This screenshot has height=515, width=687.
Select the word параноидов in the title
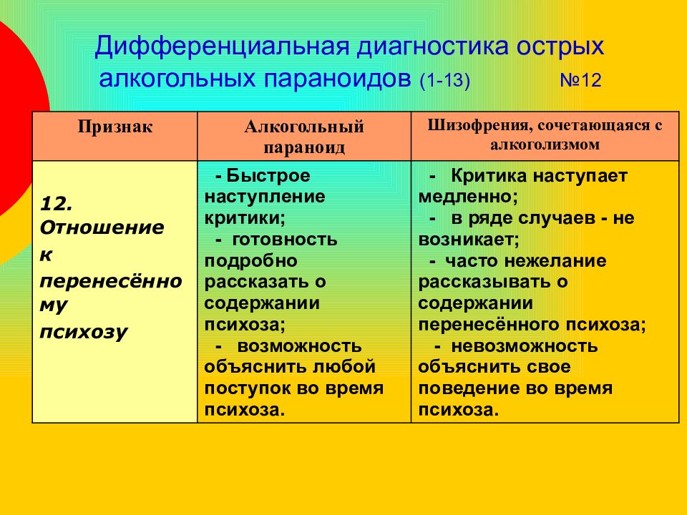coord(338,79)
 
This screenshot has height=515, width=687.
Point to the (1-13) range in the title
coord(444,81)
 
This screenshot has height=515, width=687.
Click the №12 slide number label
coord(580,81)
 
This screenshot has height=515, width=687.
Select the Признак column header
coord(114,127)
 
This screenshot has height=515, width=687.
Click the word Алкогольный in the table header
coord(304,127)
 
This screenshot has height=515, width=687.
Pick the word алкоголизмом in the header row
coord(545,144)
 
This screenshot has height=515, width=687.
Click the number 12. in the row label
coord(56,204)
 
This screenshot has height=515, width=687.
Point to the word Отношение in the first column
coord(102,227)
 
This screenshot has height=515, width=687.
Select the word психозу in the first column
coord(83,333)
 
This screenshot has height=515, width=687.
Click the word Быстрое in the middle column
coord(268,176)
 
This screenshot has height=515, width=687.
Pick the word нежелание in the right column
coord(555,261)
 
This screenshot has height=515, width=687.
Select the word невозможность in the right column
coord(525,346)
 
